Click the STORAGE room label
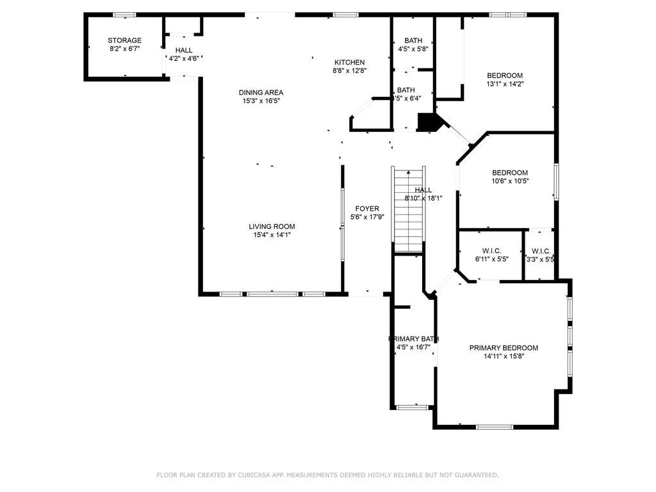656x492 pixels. click(x=124, y=40)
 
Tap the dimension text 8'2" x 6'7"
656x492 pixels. click(x=124, y=49)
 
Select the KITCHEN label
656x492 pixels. click(x=349, y=62)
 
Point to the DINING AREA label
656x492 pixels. click(x=261, y=92)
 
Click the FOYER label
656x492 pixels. click(x=367, y=209)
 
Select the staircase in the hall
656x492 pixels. click(x=408, y=211)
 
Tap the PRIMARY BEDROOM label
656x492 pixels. click(x=504, y=348)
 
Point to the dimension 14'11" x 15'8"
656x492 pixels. click(x=504, y=357)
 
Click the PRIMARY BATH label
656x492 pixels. click(x=413, y=339)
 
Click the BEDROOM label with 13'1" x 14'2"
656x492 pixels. click(x=504, y=75)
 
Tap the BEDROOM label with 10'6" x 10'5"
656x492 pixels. click(x=509, y=172)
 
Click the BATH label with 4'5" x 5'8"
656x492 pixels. click(x=413, y=40)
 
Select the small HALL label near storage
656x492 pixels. click(x=184, y=50)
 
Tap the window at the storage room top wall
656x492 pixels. click(x=124, y=15)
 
